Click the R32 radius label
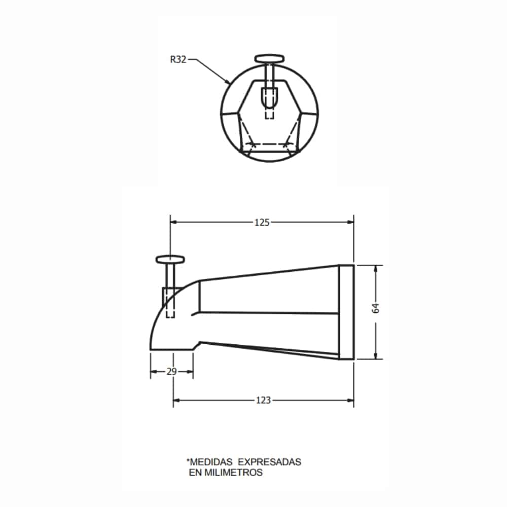(x=178, y=59)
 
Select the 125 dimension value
(x=262, y=223)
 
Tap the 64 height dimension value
(x=376, y=308)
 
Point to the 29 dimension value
(x=172, y=372)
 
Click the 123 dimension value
(x=263, y=401)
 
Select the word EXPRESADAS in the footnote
(x=270, y=462)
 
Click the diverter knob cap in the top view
(x=270, y=59)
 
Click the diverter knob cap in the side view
(x=170, y=259)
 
